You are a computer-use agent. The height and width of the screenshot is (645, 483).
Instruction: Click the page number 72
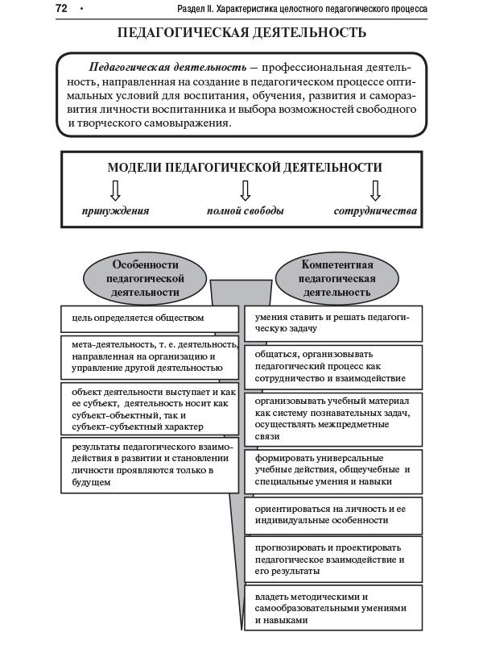(61, 9)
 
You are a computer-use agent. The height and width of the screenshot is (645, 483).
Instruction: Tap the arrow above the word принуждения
(115, 190)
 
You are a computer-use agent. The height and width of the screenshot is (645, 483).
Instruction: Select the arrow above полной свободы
(246, 190)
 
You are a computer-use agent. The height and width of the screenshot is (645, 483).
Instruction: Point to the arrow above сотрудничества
(374, 190)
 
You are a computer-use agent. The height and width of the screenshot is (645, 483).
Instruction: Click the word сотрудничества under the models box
(375, 211)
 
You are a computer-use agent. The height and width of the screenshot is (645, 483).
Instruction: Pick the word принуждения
(115, 211)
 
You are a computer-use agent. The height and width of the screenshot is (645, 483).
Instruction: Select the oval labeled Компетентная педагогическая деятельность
(337, 278)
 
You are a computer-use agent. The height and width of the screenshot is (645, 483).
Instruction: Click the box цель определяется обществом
(150, 318)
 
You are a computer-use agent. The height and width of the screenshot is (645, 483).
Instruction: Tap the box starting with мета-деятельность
(150, 356)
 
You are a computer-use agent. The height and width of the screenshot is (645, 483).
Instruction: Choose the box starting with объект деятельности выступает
(150, 409)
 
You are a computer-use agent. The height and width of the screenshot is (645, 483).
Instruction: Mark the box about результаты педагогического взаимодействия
(150, 465)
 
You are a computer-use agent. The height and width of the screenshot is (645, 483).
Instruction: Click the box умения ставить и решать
(333, 322)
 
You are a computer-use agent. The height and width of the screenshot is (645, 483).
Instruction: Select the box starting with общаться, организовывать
(333, 365)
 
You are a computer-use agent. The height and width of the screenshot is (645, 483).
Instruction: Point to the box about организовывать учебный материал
(333, 418)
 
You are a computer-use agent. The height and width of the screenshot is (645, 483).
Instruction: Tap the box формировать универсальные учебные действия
(333, 472)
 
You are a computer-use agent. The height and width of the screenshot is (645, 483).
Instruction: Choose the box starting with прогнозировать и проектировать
(333, 559)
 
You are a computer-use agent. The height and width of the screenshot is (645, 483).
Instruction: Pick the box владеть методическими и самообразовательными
(333, 609)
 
